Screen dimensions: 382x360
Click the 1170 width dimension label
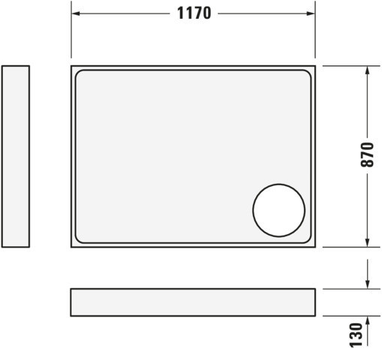(194, 13)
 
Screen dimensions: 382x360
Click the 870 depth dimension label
(367, 154)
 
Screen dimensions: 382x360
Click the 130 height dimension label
(356, 335)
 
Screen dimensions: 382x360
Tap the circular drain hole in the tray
(278, 210)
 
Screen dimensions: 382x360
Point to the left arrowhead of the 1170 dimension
(76, 13)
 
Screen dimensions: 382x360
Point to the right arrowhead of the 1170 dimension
(311, 13)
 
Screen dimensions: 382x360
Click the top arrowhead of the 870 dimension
(367, 70)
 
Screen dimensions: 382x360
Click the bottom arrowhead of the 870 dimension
(367, 242)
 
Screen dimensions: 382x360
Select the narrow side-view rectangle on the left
(16, 157)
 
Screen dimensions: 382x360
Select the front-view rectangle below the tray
(193, 302)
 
